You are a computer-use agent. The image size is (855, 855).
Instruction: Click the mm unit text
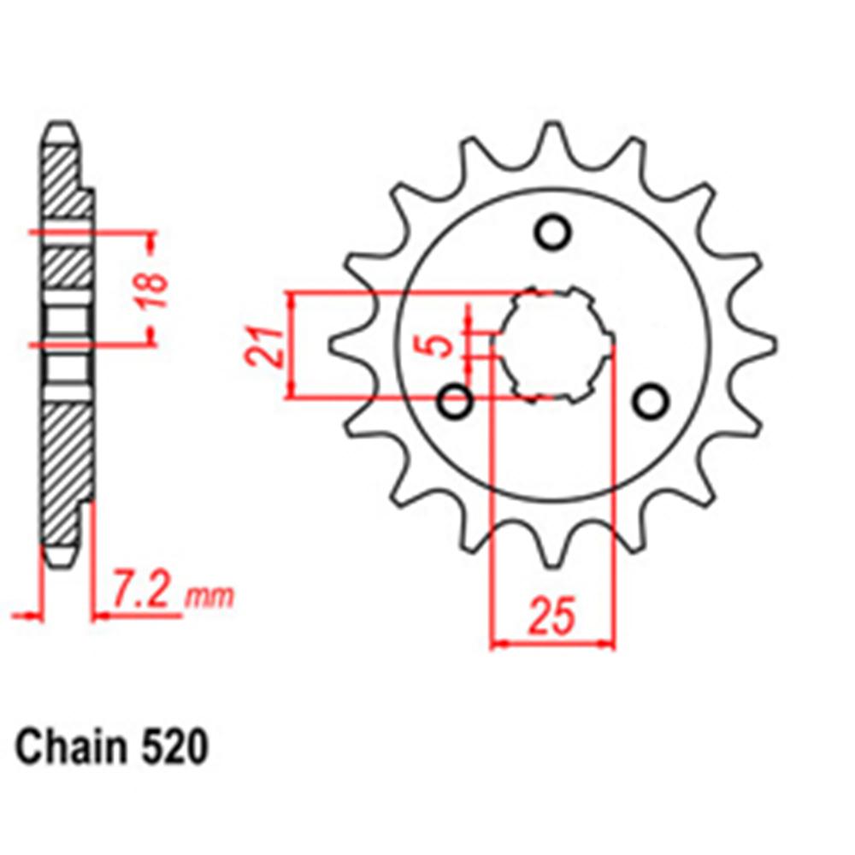tap(209, 595)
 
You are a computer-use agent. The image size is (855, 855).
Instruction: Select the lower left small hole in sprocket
tap(454, 400)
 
